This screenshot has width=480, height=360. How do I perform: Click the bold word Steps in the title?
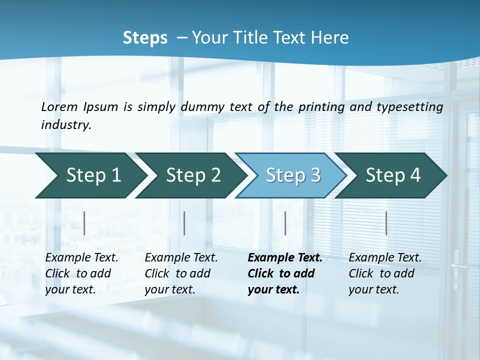pyautogui.click(x=145, y=38)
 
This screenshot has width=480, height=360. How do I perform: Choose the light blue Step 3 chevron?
pyautogui.click(x=293, y=175)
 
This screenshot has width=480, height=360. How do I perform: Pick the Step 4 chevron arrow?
pyautogui.click(x=393, y=175)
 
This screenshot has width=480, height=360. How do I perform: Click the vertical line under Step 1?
pyautogui.click(x=84, y=223)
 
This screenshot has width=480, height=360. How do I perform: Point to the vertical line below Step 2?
pyautogui.click(x=184, y=223)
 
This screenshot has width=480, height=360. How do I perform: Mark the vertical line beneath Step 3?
pyautogui.click(x=285, y=223)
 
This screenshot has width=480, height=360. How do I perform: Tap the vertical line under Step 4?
pyautogui.click(x=386, y=223)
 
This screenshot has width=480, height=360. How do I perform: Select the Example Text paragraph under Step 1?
pyautogui.click(x=81, y=273)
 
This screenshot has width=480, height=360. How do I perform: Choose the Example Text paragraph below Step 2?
pyautogui.click(x=181, y=273)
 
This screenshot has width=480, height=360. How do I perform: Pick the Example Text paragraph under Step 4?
pyautogui.click(x=385, y=273)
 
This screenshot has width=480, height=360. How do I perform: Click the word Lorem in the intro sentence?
pyautogui.click(x=59, y=106)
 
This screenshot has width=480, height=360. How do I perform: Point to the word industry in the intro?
pyautogui.click(x=66, y=124)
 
